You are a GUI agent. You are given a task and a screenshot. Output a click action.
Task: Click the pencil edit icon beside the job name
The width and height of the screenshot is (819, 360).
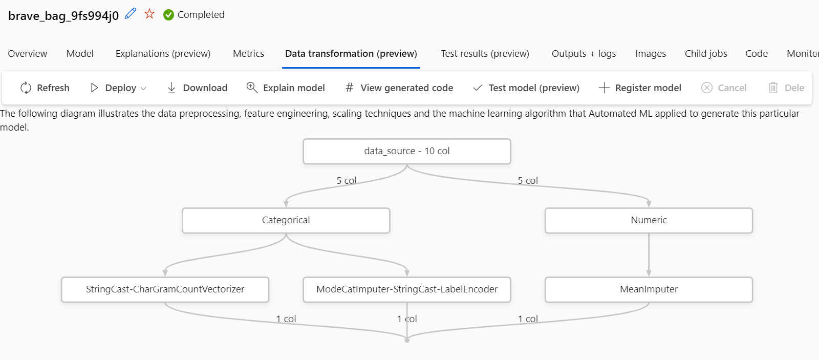(x=131, y=13)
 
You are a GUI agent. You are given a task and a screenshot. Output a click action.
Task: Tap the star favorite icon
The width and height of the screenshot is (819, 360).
(x=149, y=14)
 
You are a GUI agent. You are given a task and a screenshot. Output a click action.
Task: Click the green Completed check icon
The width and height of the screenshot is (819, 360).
(x=168, y=15)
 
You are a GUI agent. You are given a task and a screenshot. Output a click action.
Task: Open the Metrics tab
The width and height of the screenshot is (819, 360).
(x=248, y=54)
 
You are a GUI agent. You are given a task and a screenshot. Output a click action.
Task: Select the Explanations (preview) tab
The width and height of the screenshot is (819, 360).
(x=163, y=54)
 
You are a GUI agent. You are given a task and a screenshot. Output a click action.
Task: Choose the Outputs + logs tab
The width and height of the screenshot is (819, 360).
(x=584, y=54)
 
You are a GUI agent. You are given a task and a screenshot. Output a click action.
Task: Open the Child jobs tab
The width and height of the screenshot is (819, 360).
(x=705, y=54)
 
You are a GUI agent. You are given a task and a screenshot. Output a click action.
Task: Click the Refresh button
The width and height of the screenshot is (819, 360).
(x=45, y=88)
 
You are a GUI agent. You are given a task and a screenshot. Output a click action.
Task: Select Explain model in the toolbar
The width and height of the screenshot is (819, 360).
(x=286, y=88)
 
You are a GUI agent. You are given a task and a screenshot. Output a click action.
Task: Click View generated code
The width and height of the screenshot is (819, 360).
(x=399, y=88)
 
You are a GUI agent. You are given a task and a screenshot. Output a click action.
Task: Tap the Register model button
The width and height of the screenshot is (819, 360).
(x=640, y=88)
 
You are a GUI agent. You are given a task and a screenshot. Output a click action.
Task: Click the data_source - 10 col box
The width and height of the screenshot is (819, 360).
(x=407, y=151)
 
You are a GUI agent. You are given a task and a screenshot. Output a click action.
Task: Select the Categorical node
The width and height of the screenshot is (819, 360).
(x=286, y=220)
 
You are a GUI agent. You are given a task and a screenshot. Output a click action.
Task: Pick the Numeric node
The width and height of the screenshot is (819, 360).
(x=649, y=220)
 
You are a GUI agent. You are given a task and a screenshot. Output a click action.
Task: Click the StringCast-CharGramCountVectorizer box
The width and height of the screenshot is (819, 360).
(x=165, y=289)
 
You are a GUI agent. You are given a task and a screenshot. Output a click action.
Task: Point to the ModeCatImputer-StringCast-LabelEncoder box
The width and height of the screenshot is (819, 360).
(x=407, y=289)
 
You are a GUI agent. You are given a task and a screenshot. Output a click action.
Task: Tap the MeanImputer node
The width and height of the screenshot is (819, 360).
(x=649, y=289)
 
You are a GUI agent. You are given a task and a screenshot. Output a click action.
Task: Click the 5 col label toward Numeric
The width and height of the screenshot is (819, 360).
(x=528, y=181)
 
